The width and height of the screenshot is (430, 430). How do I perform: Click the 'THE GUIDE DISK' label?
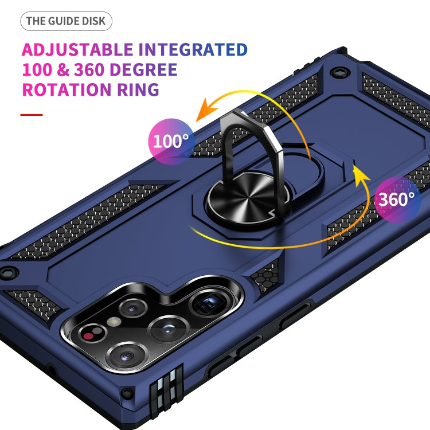(66, 21)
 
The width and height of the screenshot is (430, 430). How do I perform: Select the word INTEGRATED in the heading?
(193, 50)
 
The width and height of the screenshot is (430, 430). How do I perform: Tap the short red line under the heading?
(32, 115)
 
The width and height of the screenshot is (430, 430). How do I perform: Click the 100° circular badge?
(171, 141)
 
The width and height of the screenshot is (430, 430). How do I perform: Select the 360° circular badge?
(396, 200)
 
